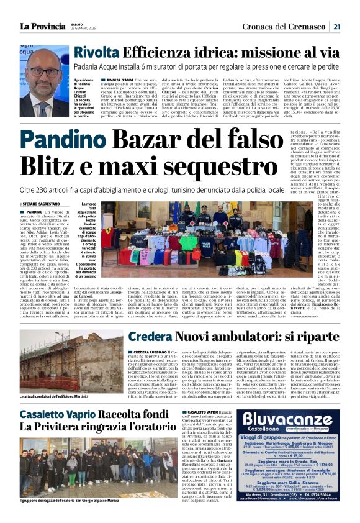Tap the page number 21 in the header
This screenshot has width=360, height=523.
coord(336,26)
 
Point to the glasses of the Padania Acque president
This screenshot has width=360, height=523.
coord(45,71)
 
